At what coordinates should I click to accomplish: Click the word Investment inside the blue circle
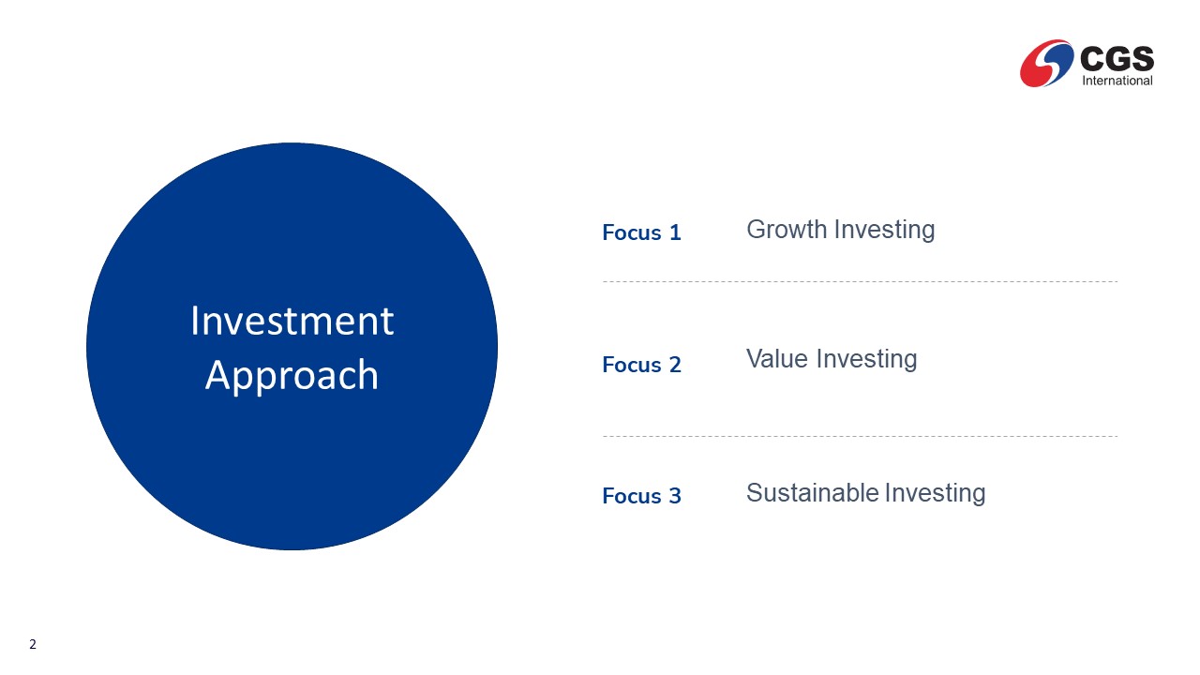tap(292, 321)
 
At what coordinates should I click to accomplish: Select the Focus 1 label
tap(641, 232)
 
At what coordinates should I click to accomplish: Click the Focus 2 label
tap(641, 365)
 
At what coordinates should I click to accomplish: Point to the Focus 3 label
tap(641, 496)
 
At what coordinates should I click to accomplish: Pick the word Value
tap(777, 359)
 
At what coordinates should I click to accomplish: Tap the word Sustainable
tap(813, 493)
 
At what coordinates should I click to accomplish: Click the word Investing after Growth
tap(885, 231)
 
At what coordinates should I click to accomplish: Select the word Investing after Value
tap(867, 360)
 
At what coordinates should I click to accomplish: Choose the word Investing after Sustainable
tap(936, 494)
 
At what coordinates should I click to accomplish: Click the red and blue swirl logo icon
tap(1047, 63)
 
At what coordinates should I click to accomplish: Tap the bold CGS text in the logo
tap(1117, 58)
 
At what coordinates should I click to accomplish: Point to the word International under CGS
tap(1117, 81)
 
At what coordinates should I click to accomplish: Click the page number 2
tap(33, 644)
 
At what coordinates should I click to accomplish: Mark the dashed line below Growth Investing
tap(860, 281)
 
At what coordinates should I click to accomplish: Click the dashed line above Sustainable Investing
tap(860, 436)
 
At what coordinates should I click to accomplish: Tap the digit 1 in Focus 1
tap(675, 232)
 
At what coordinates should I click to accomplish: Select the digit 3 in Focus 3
tap(675, 496)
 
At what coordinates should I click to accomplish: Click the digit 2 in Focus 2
tap(675, 365)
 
